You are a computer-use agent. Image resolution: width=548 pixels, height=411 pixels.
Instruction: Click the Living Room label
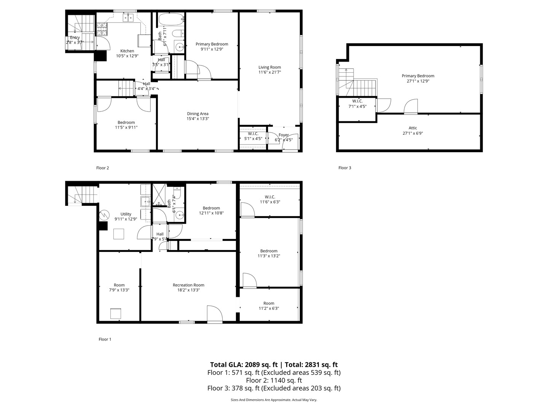(x=269, y=67)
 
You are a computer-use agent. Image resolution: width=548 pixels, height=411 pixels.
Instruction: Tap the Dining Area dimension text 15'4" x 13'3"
(x=198, y=119)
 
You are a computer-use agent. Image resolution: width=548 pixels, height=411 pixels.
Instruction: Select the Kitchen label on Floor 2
(x=127, y=51)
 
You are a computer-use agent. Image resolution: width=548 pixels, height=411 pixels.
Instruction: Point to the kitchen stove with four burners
(x=102, y=27)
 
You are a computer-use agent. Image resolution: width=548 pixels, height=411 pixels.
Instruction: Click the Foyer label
(x=284, y=135)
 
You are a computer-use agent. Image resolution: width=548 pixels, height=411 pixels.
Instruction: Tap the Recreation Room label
(x=188, y=285)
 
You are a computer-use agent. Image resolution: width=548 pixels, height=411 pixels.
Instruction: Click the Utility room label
(x=126, y=214)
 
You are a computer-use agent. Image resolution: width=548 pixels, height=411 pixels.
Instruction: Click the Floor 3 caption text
(x=345, y=168)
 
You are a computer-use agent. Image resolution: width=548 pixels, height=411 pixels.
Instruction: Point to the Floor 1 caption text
(x=105, y=339)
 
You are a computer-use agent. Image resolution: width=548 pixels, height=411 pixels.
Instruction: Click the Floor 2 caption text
(x=102, y=168)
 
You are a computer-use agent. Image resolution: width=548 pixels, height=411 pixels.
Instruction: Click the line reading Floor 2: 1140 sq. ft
(x=274, y=380)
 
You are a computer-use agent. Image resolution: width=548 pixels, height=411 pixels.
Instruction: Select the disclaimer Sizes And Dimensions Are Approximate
(x=274, y=400)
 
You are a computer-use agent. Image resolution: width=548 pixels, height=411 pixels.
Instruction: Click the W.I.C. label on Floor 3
(x=357, y=101)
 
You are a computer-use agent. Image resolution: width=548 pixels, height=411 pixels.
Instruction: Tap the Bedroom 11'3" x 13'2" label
(x=269, y=251)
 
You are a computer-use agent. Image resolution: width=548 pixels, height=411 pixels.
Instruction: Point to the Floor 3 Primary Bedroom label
(x=418, y=76)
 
